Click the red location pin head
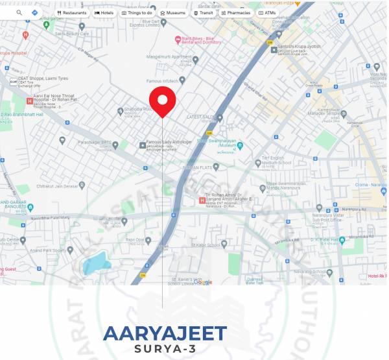(162, 101)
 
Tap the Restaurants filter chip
(72, 12)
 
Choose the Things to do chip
(137, 12)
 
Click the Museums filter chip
(172, 12)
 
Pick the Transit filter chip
(204, 12)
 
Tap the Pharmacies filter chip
(235, 12)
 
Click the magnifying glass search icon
(19, 12)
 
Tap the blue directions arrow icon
(34, 12)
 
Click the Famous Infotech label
(165, 80)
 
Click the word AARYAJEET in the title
(165, 333)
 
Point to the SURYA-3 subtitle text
(165, 349)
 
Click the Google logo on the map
(202, 282)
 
